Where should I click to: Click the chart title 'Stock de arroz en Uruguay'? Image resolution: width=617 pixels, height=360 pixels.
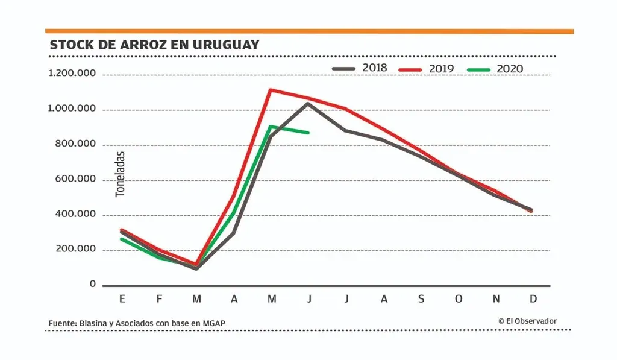click(x=154, y=45)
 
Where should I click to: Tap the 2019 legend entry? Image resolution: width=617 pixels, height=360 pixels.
click(x=427, y=69)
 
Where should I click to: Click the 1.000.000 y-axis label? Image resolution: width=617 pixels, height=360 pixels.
click(x=72, y=109)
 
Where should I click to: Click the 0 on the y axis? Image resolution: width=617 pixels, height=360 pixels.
click(x=93, y=283)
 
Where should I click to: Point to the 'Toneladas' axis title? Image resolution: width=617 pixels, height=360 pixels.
click(x=120, y=174)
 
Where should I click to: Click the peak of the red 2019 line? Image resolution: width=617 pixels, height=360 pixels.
click(x=271, y=90)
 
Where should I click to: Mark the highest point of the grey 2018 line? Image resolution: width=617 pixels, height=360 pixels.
click(x=308, y=103)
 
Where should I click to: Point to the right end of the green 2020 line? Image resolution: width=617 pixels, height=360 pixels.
click(x=308, y=133)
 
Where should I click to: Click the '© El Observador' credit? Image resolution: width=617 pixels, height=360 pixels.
click(x=527, y=321)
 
